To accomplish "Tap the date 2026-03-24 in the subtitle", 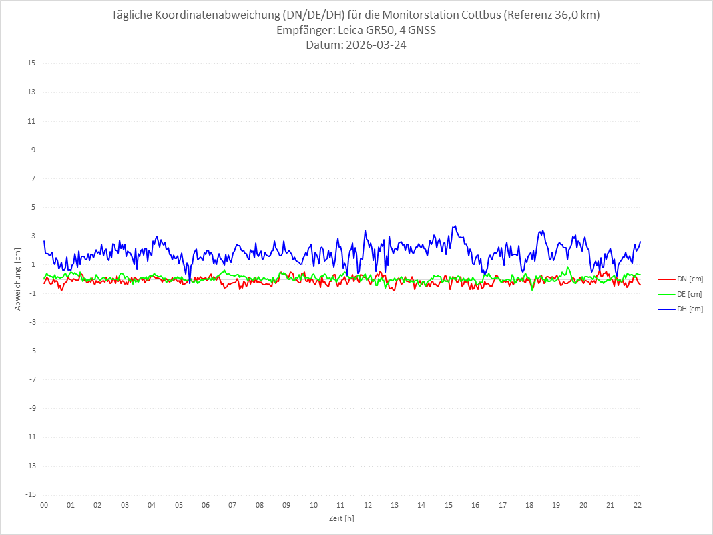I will [x=375, y=45].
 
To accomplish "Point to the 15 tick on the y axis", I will [x=31, y=63].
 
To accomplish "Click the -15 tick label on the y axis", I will [x=30, y=494].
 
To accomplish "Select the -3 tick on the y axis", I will [x=31, y=322].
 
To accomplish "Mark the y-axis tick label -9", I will [x=31, y=408].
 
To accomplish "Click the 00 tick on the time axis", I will [x=44, y=505].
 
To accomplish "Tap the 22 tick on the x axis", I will [x=638, y=505].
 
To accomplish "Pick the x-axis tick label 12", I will [x=368, y=505].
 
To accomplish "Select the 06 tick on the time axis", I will [x=206, y=505].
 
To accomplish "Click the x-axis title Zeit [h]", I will [x=342, y=518].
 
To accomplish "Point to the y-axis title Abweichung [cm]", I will [x=18, y=279].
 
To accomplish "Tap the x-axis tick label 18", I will [x=529, y=505].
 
